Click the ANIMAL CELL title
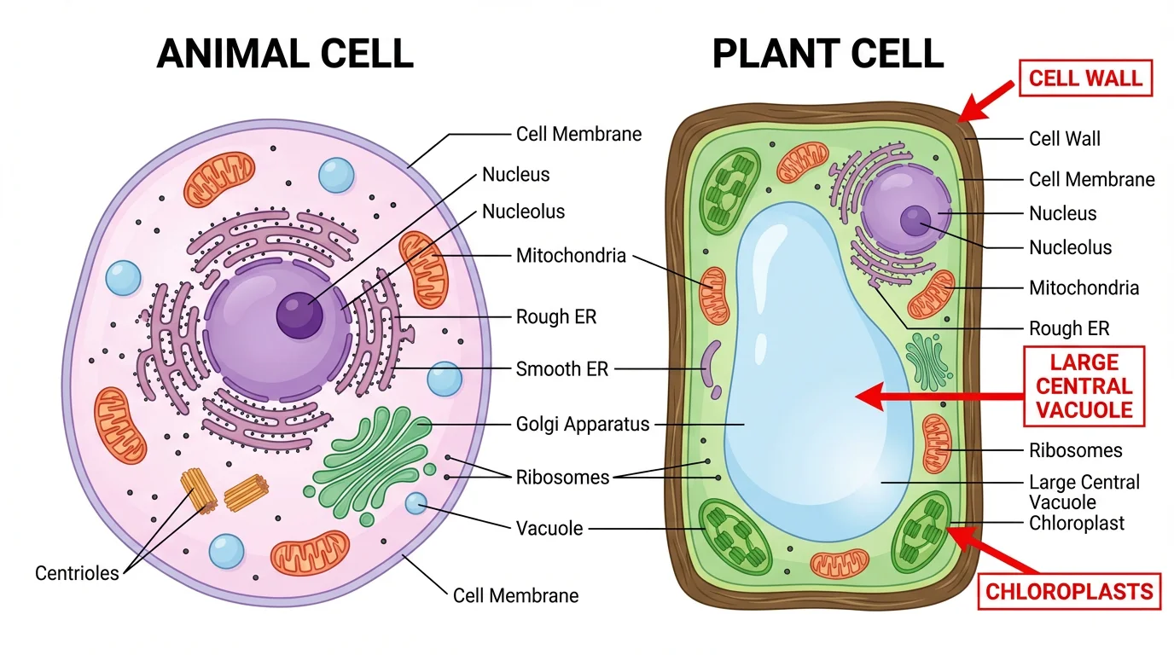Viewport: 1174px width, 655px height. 285,53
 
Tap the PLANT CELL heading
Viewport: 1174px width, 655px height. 828,53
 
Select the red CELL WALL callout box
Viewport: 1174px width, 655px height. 1084,78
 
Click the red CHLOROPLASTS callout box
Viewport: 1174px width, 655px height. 1069,591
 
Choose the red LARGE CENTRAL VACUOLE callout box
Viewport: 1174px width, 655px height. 1084,386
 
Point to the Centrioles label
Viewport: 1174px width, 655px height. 77,573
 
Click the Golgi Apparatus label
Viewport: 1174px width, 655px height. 583,424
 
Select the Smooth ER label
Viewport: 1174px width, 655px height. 561,369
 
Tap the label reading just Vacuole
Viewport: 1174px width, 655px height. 549,528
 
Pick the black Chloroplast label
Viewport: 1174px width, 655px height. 1077,523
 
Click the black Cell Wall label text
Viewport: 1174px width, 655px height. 1065,138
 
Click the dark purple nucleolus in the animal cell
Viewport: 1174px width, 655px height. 299,315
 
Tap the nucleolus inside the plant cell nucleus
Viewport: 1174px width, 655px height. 915,220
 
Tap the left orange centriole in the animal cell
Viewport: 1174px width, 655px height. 198,490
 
